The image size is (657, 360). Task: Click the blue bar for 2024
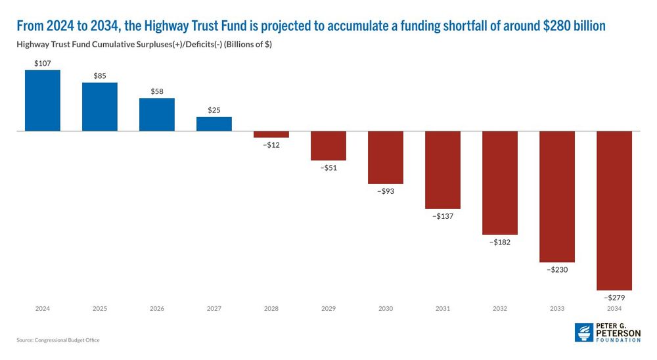coord(43,101)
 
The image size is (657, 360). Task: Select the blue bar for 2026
coord(157,115)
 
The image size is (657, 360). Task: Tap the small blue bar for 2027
coord(214,124)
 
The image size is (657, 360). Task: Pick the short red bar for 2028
coord(271,135)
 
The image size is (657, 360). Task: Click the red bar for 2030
coord(386,158)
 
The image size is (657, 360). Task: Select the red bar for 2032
coord(500,183)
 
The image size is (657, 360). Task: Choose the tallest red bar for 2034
coord(614,210)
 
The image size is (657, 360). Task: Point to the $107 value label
coord(43,62)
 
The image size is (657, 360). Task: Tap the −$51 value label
coord(328,168)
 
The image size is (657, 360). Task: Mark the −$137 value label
coord(443,216)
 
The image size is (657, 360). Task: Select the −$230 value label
coord(557,269)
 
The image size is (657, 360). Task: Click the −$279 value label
coord(614,298)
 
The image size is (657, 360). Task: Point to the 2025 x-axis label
coord(100,308)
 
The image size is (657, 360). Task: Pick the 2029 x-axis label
coord(328,308)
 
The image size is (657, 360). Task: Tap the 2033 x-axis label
coord(557,308)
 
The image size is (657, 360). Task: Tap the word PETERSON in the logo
coord(618,333)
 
